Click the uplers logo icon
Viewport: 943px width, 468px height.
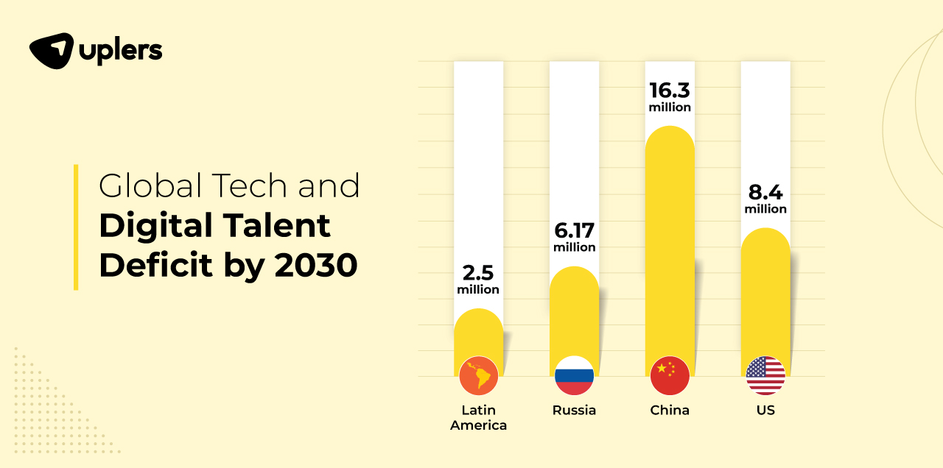pos(52,51)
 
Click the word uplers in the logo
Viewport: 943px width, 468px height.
pos(121,52)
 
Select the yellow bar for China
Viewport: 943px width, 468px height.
pos(670,243)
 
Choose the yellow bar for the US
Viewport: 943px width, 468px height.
pos(765,294)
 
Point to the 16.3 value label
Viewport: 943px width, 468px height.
pos(670,91)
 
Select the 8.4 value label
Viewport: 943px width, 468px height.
pos(765,194)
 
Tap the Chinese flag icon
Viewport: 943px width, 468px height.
pos(670,376)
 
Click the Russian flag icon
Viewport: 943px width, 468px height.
pos(574,376)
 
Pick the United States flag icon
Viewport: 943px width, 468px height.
pos(765,376)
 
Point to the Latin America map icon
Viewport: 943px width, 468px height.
pos(478,376)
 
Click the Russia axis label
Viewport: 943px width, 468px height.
pos(574,411)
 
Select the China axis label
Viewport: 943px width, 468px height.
pos(670,411)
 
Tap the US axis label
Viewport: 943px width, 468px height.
pos(765,411)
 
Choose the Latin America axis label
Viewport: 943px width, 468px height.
pos(478,417)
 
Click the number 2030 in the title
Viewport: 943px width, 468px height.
pos(316,265)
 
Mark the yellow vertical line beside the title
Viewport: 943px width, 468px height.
pos(76,227)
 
